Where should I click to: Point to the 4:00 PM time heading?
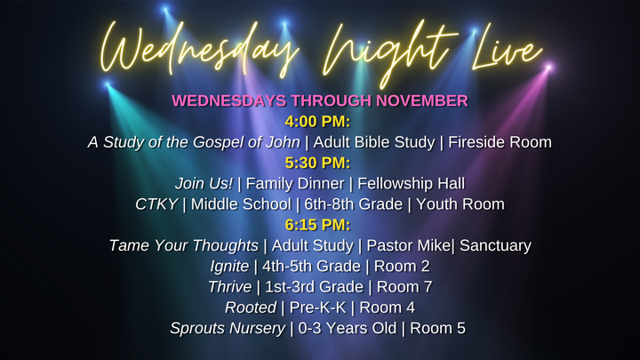tap(319, 121)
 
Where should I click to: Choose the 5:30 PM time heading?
tap(319, 163)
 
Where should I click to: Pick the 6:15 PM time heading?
tap(319, 224)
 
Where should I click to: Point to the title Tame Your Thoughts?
tap(183, 245)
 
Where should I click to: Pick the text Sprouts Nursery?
tap(228, 328)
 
